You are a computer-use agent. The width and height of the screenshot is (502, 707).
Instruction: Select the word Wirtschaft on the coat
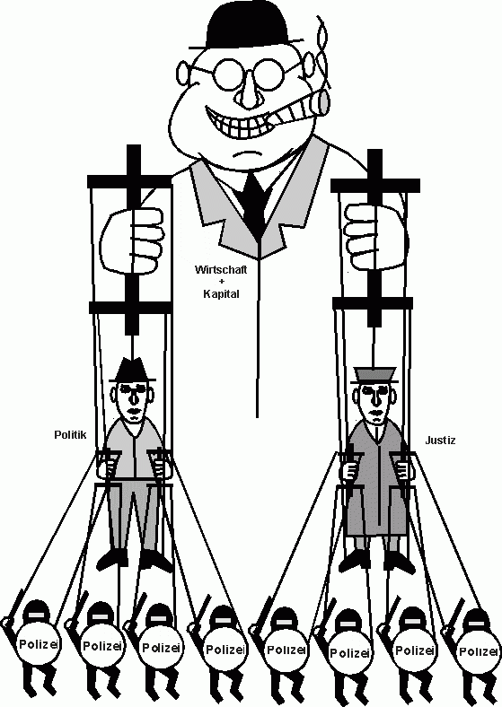point(221,270)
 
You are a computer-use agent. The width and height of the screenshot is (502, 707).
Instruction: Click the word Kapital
point(221,294)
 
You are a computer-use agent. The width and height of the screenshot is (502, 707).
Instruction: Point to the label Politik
point(70,434)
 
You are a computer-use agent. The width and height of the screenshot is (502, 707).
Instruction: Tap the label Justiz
point(440,440)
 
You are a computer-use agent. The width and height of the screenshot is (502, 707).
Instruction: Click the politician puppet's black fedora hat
point(133,371)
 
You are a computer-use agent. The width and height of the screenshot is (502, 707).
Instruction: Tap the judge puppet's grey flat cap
point(375,375)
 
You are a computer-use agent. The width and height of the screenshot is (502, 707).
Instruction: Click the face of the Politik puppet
point(132,402)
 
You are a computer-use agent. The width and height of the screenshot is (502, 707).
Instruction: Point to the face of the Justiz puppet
point(375,402)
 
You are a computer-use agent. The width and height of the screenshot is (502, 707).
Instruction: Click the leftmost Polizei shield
point(38,645)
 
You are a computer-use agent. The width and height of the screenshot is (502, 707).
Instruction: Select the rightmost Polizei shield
point(477,651)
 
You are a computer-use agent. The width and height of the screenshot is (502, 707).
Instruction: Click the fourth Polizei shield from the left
point(225,650)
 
